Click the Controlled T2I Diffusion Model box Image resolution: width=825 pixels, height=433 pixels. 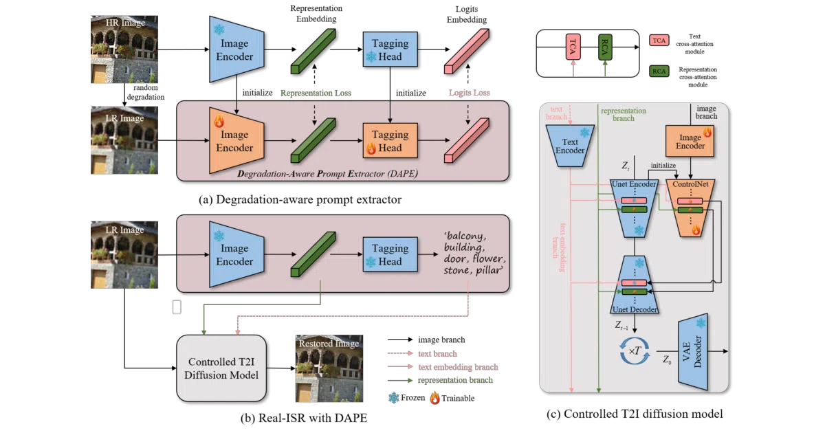click(x=221, y=368)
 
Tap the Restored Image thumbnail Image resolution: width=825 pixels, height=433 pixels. click(x=329, y=368)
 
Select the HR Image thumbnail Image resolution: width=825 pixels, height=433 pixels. click(x=124, y=49)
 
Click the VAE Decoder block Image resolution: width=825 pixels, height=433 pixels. click(x=693, y=352)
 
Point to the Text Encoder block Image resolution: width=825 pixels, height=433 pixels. click(x=570, y=146)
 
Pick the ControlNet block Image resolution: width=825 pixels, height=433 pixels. click(x=690, y=208)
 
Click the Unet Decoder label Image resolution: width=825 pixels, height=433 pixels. click(x=635, y=309)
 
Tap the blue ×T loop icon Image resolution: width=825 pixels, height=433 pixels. click(x=635, y=351)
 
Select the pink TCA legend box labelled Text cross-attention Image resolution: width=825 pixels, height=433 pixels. click(x=659, y=41)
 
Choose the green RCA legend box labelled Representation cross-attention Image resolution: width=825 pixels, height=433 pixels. click(x=659, y=71)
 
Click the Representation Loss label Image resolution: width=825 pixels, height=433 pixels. click(x=316, y=93)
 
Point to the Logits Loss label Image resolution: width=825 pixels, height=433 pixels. click(x=469, y=93)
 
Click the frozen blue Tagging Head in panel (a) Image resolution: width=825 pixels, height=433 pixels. click(x=390, y=49)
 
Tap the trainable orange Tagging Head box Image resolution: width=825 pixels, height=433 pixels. click(x=390, y=141)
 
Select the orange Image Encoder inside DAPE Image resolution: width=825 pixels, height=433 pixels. click(x=236, y=140)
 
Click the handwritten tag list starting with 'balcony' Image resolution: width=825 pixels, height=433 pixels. click(x=474, y=253)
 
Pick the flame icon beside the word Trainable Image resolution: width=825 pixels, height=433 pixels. click(x=435, y=398)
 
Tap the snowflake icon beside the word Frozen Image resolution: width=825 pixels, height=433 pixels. click(x=394, y=398)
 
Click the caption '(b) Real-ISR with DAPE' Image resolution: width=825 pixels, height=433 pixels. click(x=304, y=418)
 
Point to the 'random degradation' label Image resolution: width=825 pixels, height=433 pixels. click(x=146, y=92)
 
